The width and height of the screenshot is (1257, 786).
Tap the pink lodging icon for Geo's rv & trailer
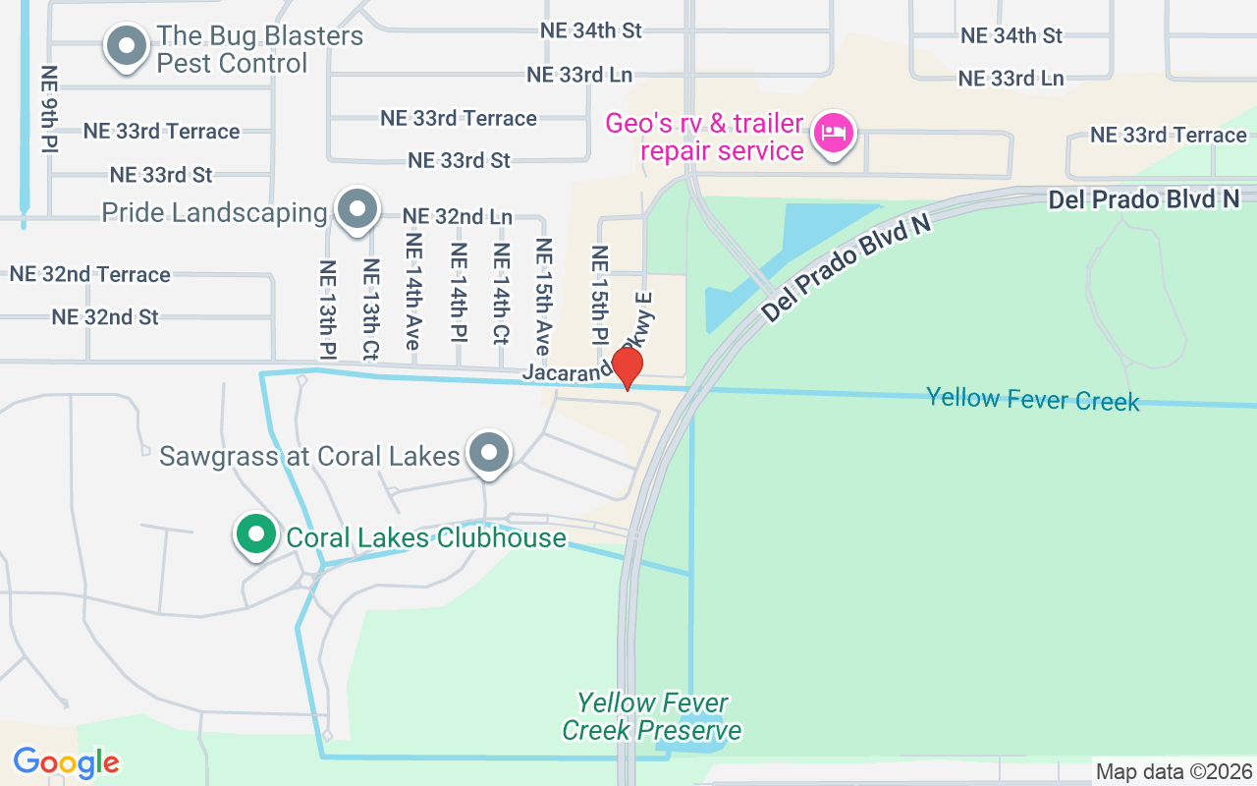pos(834,133)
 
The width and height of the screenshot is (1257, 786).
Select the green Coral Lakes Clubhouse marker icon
pos(256,535)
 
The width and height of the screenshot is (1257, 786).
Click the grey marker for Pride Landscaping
pos(357,209)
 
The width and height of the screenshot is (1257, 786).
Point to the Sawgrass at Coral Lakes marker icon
pos(489,453)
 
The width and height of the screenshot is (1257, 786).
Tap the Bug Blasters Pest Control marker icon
pos(126,46)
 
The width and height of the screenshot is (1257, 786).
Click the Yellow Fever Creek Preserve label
pos(652,716)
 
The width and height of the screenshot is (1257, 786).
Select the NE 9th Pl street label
pos(48,109)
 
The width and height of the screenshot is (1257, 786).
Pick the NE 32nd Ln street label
pos(458,216)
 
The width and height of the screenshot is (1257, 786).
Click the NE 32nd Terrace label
pos(90,274)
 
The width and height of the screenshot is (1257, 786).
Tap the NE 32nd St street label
pos(105,317)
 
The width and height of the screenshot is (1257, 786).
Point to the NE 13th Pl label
pos(327,309)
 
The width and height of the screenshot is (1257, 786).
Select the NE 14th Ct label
pos(502,294)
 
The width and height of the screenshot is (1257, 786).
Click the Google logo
pos(66,762)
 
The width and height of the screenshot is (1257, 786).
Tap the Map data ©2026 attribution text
pos(1175,772)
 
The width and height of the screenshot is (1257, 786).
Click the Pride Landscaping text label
pos(214,213)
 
